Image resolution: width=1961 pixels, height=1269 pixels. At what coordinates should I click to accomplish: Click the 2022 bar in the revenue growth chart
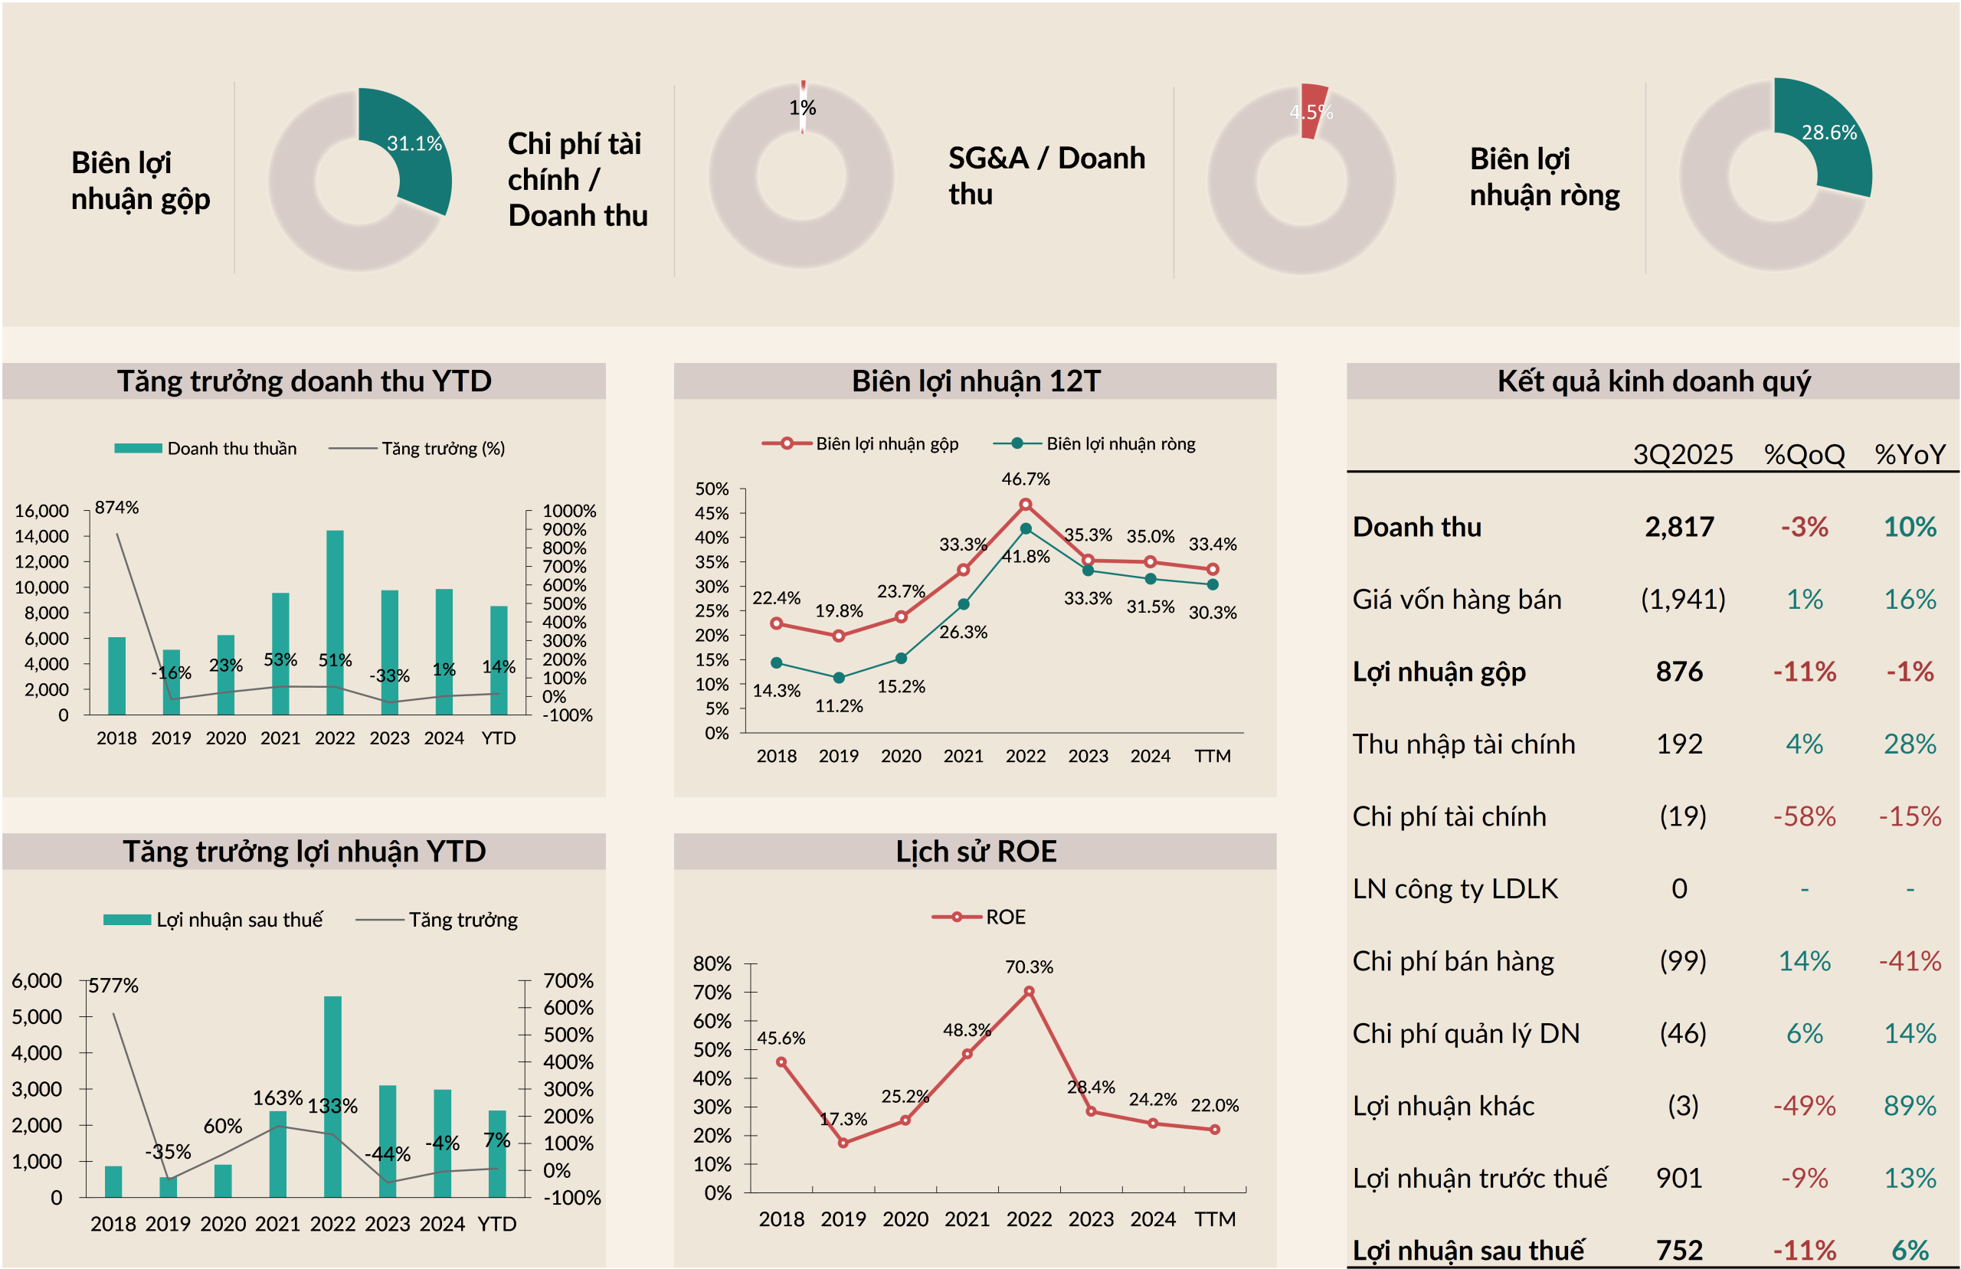click(335, 622)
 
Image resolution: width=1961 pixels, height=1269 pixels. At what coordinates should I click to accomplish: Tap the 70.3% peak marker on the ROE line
click(1028, 992)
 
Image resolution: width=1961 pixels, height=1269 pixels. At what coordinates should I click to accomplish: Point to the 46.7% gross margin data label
click(1026, 479)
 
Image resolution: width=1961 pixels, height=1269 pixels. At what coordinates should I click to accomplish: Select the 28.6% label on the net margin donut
click(1829, 132)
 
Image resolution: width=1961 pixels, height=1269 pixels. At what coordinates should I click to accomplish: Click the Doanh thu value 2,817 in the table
click(1679, 528)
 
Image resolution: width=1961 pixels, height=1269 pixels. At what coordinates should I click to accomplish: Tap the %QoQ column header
click(1805, 454)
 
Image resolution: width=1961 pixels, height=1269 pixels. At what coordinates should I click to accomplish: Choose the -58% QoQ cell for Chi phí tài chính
click(1805, 816)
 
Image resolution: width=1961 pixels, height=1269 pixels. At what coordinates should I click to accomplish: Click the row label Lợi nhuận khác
click(1444, 1106)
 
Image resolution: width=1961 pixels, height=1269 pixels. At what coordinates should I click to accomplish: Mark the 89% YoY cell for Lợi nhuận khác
click(1910, 1106)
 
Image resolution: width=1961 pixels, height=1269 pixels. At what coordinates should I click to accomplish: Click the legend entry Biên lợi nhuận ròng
click(1120, 443)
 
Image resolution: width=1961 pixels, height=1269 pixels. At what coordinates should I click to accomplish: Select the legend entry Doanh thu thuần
click(231, 448)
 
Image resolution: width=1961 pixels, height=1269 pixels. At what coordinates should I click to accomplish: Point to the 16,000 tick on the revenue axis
click(41, 511)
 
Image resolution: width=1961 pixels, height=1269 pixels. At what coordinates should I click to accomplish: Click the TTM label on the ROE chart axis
click(1214, 1218)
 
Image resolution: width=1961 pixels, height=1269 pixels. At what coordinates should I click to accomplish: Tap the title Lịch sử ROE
click(977, 851)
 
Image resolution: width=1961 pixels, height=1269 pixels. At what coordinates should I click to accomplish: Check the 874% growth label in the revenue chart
click(116, 508)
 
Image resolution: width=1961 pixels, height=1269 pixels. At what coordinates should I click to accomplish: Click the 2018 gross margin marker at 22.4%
click(776, 624)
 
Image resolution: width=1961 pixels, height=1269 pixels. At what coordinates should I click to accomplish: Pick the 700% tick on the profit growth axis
click(568, 980)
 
